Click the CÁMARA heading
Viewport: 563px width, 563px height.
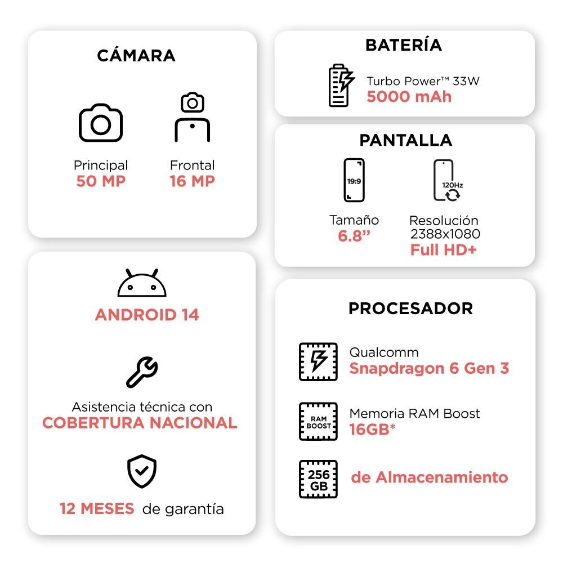[x=136, y=56]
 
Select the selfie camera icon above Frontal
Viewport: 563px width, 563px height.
[x=193, y=117]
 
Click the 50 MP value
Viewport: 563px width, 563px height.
[x=101, y=181]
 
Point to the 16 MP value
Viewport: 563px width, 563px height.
[x=193, y=181]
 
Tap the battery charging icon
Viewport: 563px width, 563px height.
[x=341, y=86]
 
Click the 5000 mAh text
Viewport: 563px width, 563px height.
[x=409, y=97]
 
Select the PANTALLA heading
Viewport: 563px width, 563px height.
[x=406, y=140]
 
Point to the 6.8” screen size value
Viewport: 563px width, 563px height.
[x=354, y=236]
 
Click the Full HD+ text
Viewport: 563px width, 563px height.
[x=444, y=250]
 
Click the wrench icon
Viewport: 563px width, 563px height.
[x=142, y=372]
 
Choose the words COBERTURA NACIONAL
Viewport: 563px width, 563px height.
[x=140, y=423]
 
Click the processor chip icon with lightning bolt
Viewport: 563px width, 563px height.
[x=318, y=362]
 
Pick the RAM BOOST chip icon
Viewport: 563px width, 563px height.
[x=318, y=422]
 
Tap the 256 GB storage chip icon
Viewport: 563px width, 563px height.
[x=318, y=479]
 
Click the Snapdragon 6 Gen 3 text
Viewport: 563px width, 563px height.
[x=430, y=369]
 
